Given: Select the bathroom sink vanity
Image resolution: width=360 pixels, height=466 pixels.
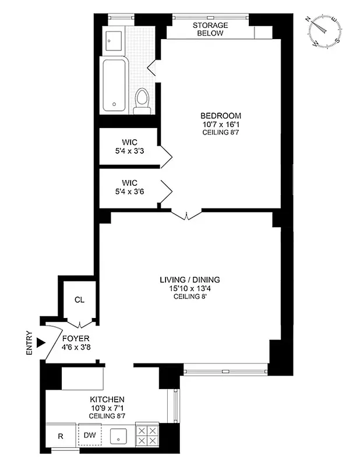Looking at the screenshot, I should point(114,40).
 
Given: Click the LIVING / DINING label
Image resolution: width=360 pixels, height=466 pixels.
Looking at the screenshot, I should point(190,280).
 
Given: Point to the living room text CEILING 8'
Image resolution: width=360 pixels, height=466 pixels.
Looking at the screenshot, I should point(190,296).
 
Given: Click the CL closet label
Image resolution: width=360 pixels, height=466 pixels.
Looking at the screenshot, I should point(79,300).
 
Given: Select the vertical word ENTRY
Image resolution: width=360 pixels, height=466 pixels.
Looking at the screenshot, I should point(30,343).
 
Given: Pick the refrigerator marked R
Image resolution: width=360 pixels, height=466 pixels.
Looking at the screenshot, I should point(61,436).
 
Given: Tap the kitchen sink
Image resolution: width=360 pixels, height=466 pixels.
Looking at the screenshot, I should point(119,435).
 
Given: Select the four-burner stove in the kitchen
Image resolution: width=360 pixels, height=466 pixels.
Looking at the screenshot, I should point(146,435).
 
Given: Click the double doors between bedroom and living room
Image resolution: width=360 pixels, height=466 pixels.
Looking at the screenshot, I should point(186,215).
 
